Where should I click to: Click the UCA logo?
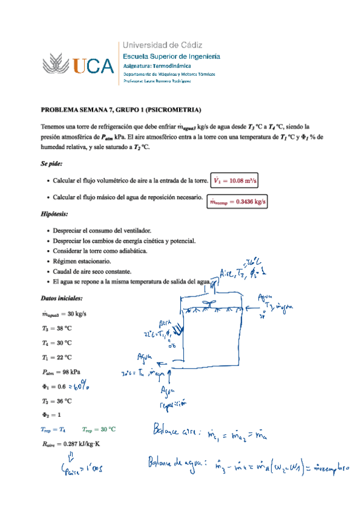(x=78, y=64)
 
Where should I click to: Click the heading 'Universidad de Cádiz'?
(x=162, y=45)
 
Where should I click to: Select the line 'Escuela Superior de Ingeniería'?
(x=171, y=56)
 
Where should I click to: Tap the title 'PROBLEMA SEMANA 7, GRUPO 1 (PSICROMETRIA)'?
(x=120, y=109)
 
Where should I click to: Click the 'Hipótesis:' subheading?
(x=54, y=214)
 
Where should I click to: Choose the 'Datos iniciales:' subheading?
(x=62, y=298)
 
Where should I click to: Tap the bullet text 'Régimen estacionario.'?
(x=82, y=261)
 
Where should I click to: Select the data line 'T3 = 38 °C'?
(x=56, y=328)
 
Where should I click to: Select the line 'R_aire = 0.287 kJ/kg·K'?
(x=71, y=444)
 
